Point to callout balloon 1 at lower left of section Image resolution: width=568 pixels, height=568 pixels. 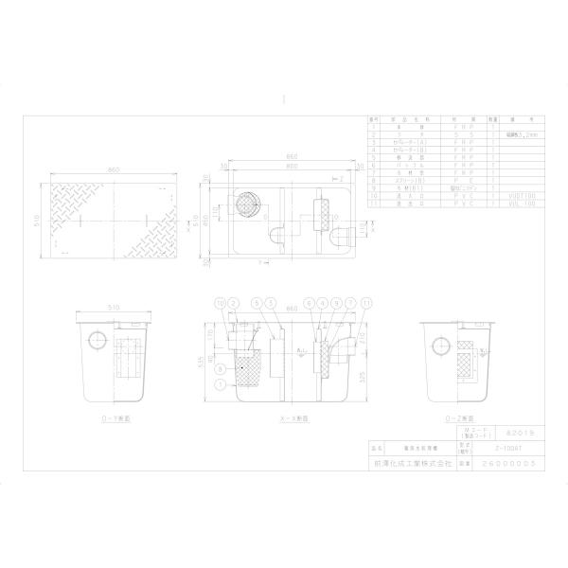pyautogui.click(x=220, y=386)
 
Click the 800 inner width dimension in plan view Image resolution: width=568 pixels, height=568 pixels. pyautogui.click(x=285, y=167)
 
